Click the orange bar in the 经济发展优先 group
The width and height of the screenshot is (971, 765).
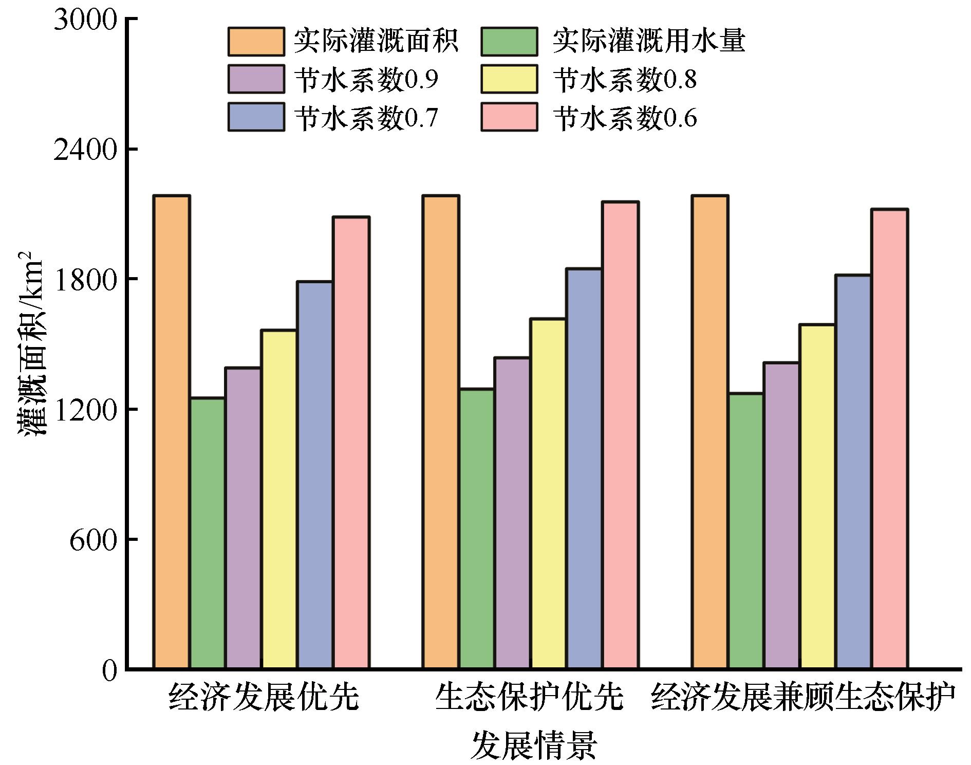point(172,432)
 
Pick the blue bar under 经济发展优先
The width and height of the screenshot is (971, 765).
point(314,475)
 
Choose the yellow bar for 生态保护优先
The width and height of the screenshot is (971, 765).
point(548,494)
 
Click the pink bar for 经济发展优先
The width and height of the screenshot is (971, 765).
point(351,443)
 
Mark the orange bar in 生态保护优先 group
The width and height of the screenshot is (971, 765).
point(441,432)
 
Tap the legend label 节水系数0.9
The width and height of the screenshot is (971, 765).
point(366,80)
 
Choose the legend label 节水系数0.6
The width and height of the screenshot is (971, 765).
point(625,118)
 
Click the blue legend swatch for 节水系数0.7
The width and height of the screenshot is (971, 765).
point(256,118)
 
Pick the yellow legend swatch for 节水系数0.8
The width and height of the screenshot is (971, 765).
point(509,79)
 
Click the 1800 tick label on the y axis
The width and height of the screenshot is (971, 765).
point(85,280)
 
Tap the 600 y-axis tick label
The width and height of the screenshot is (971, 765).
point(93,540)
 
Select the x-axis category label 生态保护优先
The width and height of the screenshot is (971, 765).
point(529,698)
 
